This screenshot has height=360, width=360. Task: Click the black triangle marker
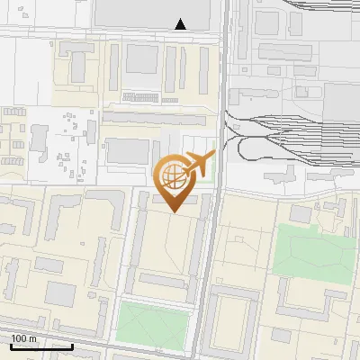[x=181, y=24]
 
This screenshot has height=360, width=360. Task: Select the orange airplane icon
[x=199, y=165]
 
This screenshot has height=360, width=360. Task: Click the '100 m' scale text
[x=23, y=338]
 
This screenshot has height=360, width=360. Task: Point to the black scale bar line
[x=40, y=346]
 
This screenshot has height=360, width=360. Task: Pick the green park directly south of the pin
[x=155, y=321]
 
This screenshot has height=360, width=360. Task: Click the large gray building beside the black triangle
[x=153, y=12]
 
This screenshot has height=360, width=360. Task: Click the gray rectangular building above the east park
[x=300, y=212]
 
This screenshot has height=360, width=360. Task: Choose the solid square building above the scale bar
[x=61, y=292]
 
